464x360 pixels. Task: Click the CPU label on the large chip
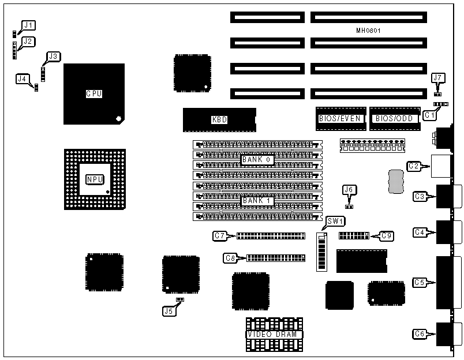click(x=94, y=93)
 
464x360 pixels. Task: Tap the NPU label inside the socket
click(x=94, y=179)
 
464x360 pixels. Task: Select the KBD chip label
click(x=219, y=120)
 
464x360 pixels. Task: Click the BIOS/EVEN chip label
click(x=340, y=119)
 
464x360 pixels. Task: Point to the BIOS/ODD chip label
click(x=394, y=119)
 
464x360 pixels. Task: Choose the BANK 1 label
click(x=256, y=200)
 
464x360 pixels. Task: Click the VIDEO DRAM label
click(x=275, y=335)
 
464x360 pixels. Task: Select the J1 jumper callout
click(x=28, y=25)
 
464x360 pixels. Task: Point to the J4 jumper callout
click(x=23, y=78)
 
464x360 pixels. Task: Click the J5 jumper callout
click(x=169, y=310)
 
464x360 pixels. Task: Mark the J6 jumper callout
click(x=349, y=189)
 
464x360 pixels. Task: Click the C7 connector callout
click(x=219, y=235)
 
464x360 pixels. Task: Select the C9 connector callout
click(x=387, y=235)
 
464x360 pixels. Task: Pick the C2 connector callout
click(x=413, y=166)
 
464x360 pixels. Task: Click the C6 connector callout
click(x=420, y=333)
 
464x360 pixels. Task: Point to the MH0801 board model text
click(x=368, y=30)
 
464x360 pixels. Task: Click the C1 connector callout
click(x=429, y=115)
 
